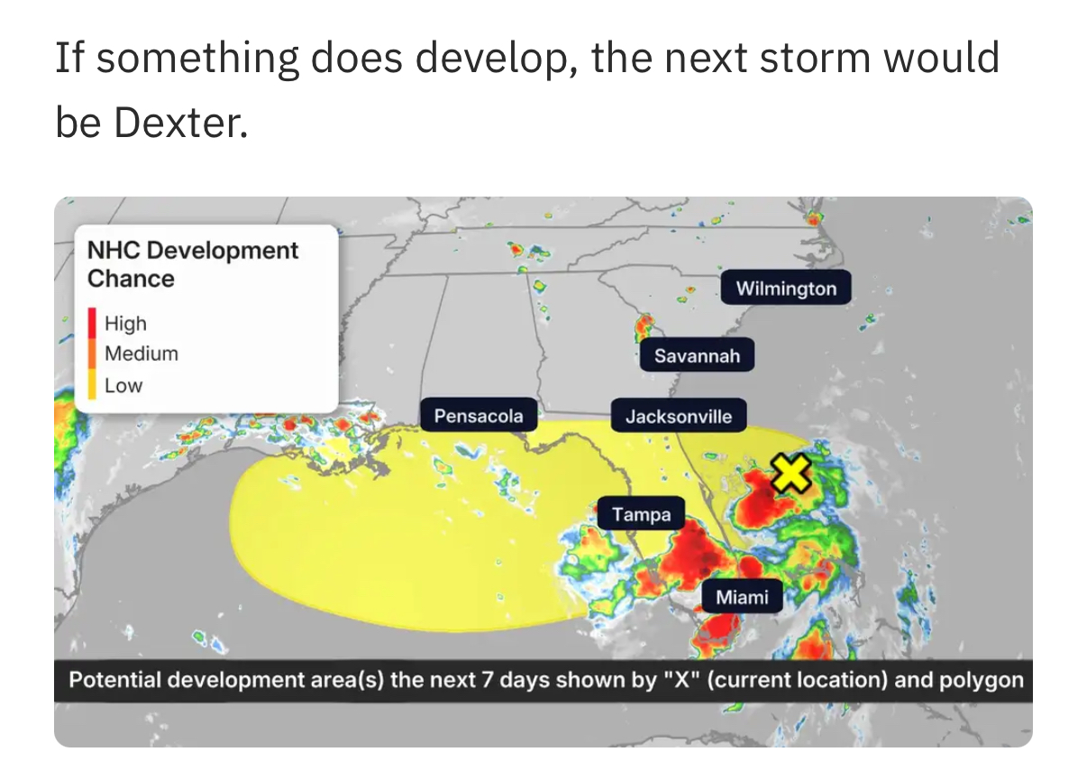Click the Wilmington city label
click(x=786, y=288)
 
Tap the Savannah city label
click(x=697, y=355)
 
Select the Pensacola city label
click(x=479, y=416)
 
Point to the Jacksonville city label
click(x=679, y=416)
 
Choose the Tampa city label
click(x=641, y=513)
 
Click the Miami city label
click(x=742, y=597)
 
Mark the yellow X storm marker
click(x=790, y=473)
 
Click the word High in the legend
click(x=125, y=324)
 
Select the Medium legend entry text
click(x=142, y=353)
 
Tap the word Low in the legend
click(x=123, y=386)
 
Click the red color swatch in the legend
click(x=92, y=323)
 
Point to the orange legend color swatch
click(x=92, y=353)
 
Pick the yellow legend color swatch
click(x=92, y=384)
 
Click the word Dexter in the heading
click(x=180, y=123)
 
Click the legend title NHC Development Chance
click(x=192, y=264)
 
